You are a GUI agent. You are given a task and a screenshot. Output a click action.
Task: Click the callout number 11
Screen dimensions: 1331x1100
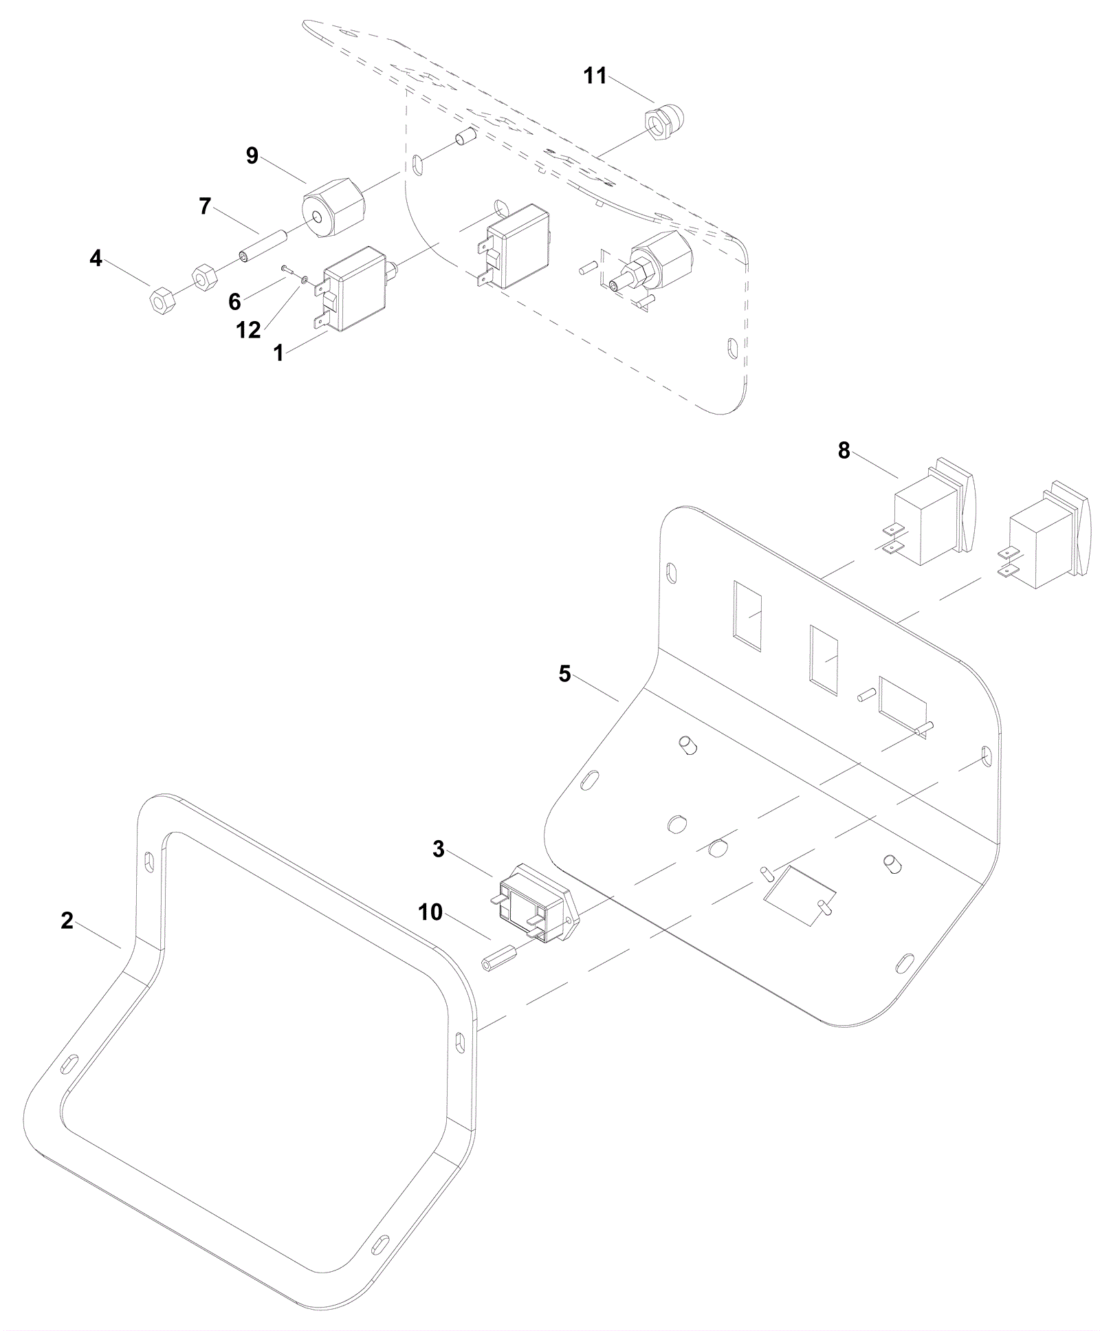tap(595, 76)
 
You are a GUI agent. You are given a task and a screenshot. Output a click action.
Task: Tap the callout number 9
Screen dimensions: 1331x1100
tap(252, 156)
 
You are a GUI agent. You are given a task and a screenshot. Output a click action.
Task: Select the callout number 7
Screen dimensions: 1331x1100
tap(205, 206)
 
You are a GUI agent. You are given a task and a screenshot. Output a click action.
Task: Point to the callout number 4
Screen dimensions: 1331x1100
tap(96, 258)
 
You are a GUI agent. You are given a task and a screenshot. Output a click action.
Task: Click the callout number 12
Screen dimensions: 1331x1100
tap(249, 331)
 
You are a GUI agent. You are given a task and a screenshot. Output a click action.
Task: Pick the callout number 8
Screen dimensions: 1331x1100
tap(844, 450)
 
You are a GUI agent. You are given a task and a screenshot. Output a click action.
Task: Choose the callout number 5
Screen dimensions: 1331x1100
tap(564, 674)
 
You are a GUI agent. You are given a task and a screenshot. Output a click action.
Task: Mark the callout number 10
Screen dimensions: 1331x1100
tap(430, 912)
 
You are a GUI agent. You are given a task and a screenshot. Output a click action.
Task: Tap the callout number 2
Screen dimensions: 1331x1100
tap(67, 921)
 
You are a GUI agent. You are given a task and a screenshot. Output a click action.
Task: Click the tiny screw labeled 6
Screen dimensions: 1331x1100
tap(285, 269)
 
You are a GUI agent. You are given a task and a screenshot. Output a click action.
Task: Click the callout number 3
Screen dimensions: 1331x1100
tap(439, 850)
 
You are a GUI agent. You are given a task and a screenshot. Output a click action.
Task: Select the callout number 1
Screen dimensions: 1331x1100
tap(278, 353)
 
